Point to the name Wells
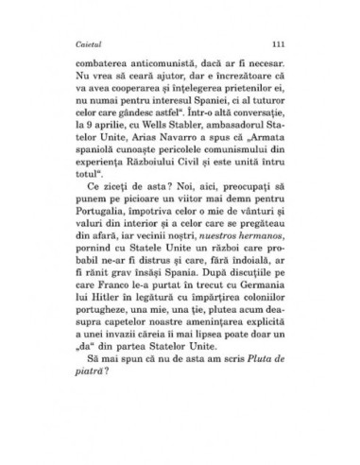point(176,134)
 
